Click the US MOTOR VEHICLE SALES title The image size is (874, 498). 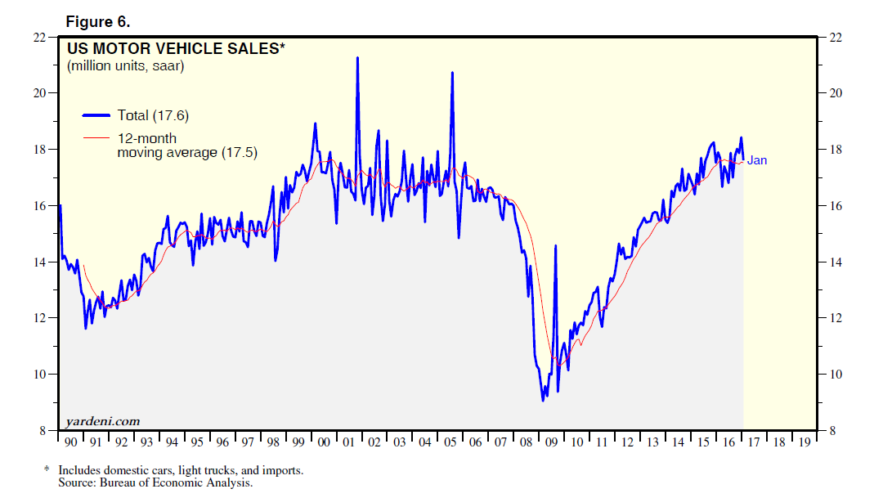176,49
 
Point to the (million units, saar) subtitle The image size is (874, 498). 125,66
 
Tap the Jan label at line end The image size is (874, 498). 757,160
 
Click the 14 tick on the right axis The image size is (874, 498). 836,262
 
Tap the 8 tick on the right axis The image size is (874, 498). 832,431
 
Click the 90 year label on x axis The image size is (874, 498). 70,442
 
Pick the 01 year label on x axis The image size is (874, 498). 348,442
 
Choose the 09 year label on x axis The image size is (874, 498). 551,442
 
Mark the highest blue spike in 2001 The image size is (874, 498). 357,58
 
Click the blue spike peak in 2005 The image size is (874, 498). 452,74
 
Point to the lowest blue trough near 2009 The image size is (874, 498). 543,400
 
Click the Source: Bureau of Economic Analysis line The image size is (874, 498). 155,483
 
